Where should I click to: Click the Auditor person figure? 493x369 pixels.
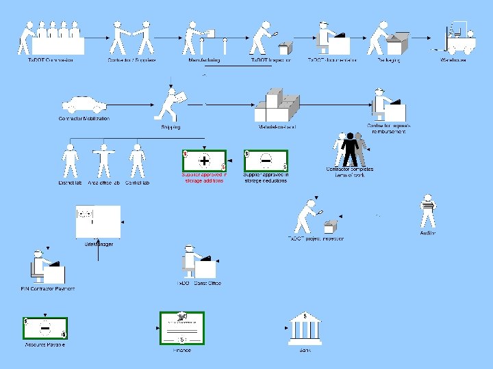(428, 211)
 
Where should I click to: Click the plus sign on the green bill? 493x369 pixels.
(204, 161)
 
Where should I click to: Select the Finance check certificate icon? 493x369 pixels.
(182, 329)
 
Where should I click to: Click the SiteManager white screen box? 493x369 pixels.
(98, 222)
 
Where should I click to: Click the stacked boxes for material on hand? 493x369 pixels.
(277, 106)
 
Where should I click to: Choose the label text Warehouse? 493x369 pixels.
(453, 60)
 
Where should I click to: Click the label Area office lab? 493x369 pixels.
(104, 183)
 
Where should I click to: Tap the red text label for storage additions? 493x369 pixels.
(204, 178)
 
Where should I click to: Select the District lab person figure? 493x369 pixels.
(70, 161)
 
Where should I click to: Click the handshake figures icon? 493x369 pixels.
(131, 38)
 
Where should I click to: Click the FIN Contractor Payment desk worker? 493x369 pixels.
(45, 267)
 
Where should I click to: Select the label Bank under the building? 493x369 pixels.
(305, 350)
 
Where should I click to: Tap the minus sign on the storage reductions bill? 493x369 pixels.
(266, 161)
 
